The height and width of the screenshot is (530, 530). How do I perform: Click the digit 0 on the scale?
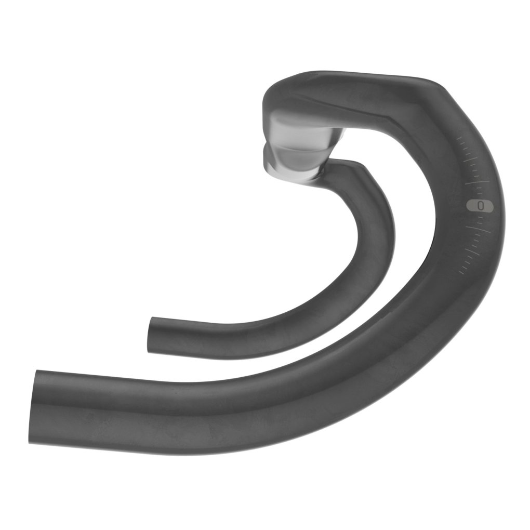480,206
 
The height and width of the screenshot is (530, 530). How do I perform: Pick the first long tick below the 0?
478,229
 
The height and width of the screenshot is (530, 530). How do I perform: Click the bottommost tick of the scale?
460,271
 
